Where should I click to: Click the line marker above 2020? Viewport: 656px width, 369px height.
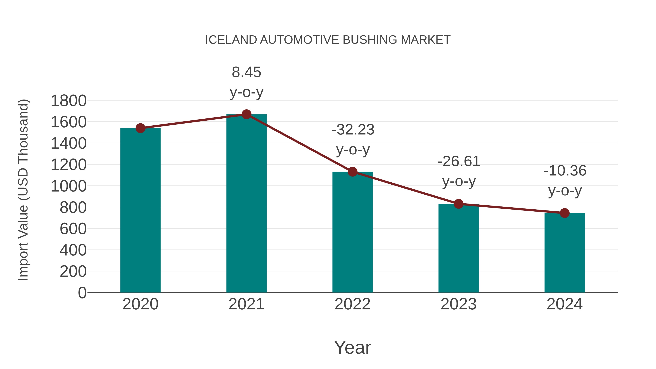pos(140,128)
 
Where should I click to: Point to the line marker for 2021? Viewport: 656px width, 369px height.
pos(246,114)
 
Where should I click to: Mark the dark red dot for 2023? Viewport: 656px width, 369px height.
pos(458,204)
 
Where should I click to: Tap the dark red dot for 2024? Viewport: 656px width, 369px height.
pos(565,213)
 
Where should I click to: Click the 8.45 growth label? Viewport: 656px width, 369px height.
pos(246,72)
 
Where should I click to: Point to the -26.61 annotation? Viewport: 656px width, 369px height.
pos(459,161)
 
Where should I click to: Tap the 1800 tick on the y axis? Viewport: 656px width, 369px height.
pos(69,101)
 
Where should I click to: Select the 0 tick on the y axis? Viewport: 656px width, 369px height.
pos(82,293)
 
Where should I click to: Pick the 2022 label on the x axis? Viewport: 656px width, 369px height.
pos(352,304)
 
